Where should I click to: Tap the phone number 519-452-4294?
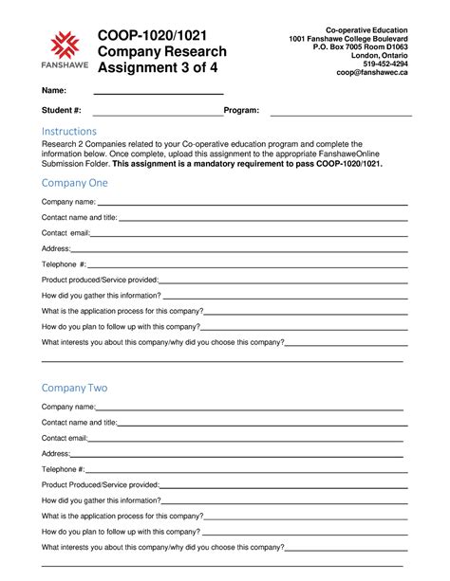[385, 64]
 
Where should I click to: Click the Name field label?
[53, 90]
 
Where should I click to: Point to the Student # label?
[61, 111]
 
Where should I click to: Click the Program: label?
[241, 111]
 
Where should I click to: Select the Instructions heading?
[68, 131]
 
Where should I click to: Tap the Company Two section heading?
[75, 388]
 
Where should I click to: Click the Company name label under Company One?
[69, 202]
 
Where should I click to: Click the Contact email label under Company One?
[66, 232]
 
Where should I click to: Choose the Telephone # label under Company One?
[64, 263]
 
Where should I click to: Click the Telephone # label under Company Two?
[63, 469]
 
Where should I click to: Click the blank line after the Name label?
[158, 92]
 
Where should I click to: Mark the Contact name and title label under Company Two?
[79, 423]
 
